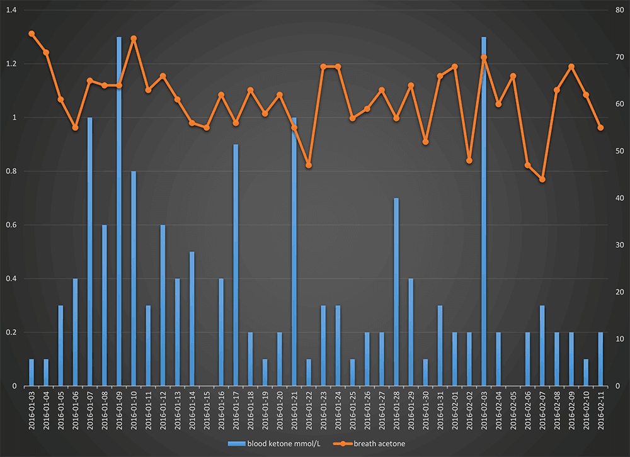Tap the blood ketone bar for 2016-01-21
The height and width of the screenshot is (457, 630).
coord(294,252)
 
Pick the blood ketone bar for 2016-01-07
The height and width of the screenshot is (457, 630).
coord(90,252)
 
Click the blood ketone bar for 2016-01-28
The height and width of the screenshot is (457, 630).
coord(396,292)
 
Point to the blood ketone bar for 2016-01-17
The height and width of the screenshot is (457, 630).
coord(236,265)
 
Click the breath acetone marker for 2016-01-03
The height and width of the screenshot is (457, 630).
coord(31,33)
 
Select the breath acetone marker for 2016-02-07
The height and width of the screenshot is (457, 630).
coord(542,179)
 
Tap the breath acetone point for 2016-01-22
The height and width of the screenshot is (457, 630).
coord(309,165)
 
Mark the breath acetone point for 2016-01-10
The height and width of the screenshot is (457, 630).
coord(134,38)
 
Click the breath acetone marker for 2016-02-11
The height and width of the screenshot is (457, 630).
coord(600,128)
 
